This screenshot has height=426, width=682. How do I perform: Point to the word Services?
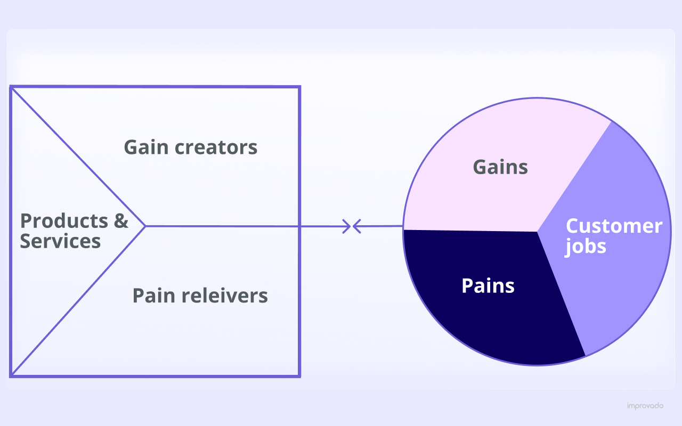coord(60,241)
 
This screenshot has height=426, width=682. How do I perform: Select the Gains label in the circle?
coord(500,167)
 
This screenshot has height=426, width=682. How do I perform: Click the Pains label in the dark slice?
coord(488,286)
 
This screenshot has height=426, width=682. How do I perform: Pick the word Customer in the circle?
coord(614,226)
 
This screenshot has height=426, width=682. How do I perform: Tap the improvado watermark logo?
coord(645,406)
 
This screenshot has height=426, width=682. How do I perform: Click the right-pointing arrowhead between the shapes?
coord(347,226)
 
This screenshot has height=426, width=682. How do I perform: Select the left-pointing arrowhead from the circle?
coord(356,226)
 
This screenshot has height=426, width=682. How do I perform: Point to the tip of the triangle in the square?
coord(145,226)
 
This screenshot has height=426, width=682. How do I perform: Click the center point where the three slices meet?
coord(537,232)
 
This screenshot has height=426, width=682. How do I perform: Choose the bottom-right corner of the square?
coord(299,375)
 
